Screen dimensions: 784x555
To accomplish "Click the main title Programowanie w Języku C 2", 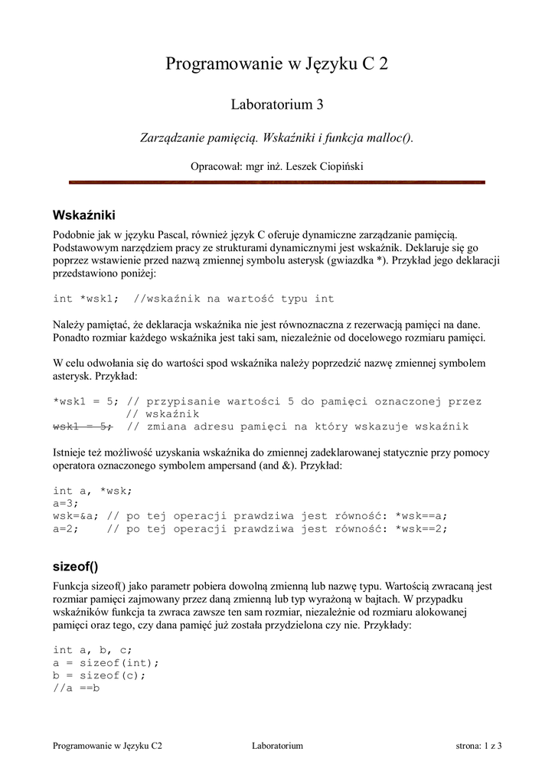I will click(277, 64).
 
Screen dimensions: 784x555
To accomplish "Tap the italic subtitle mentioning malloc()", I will click(276, 138).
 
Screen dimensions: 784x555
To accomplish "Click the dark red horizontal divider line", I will click(277, 182).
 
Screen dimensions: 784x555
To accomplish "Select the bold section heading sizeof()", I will click(76, 567).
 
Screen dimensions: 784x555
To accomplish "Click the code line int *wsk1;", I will click(86, 299).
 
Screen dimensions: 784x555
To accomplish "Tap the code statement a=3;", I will click(67, 503).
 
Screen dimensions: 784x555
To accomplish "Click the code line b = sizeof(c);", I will click(99, 676).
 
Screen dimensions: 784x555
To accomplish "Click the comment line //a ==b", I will click(77, 688).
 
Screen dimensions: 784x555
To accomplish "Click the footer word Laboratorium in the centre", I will click(277, 745).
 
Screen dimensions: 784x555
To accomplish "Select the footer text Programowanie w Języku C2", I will click(107, 745).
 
